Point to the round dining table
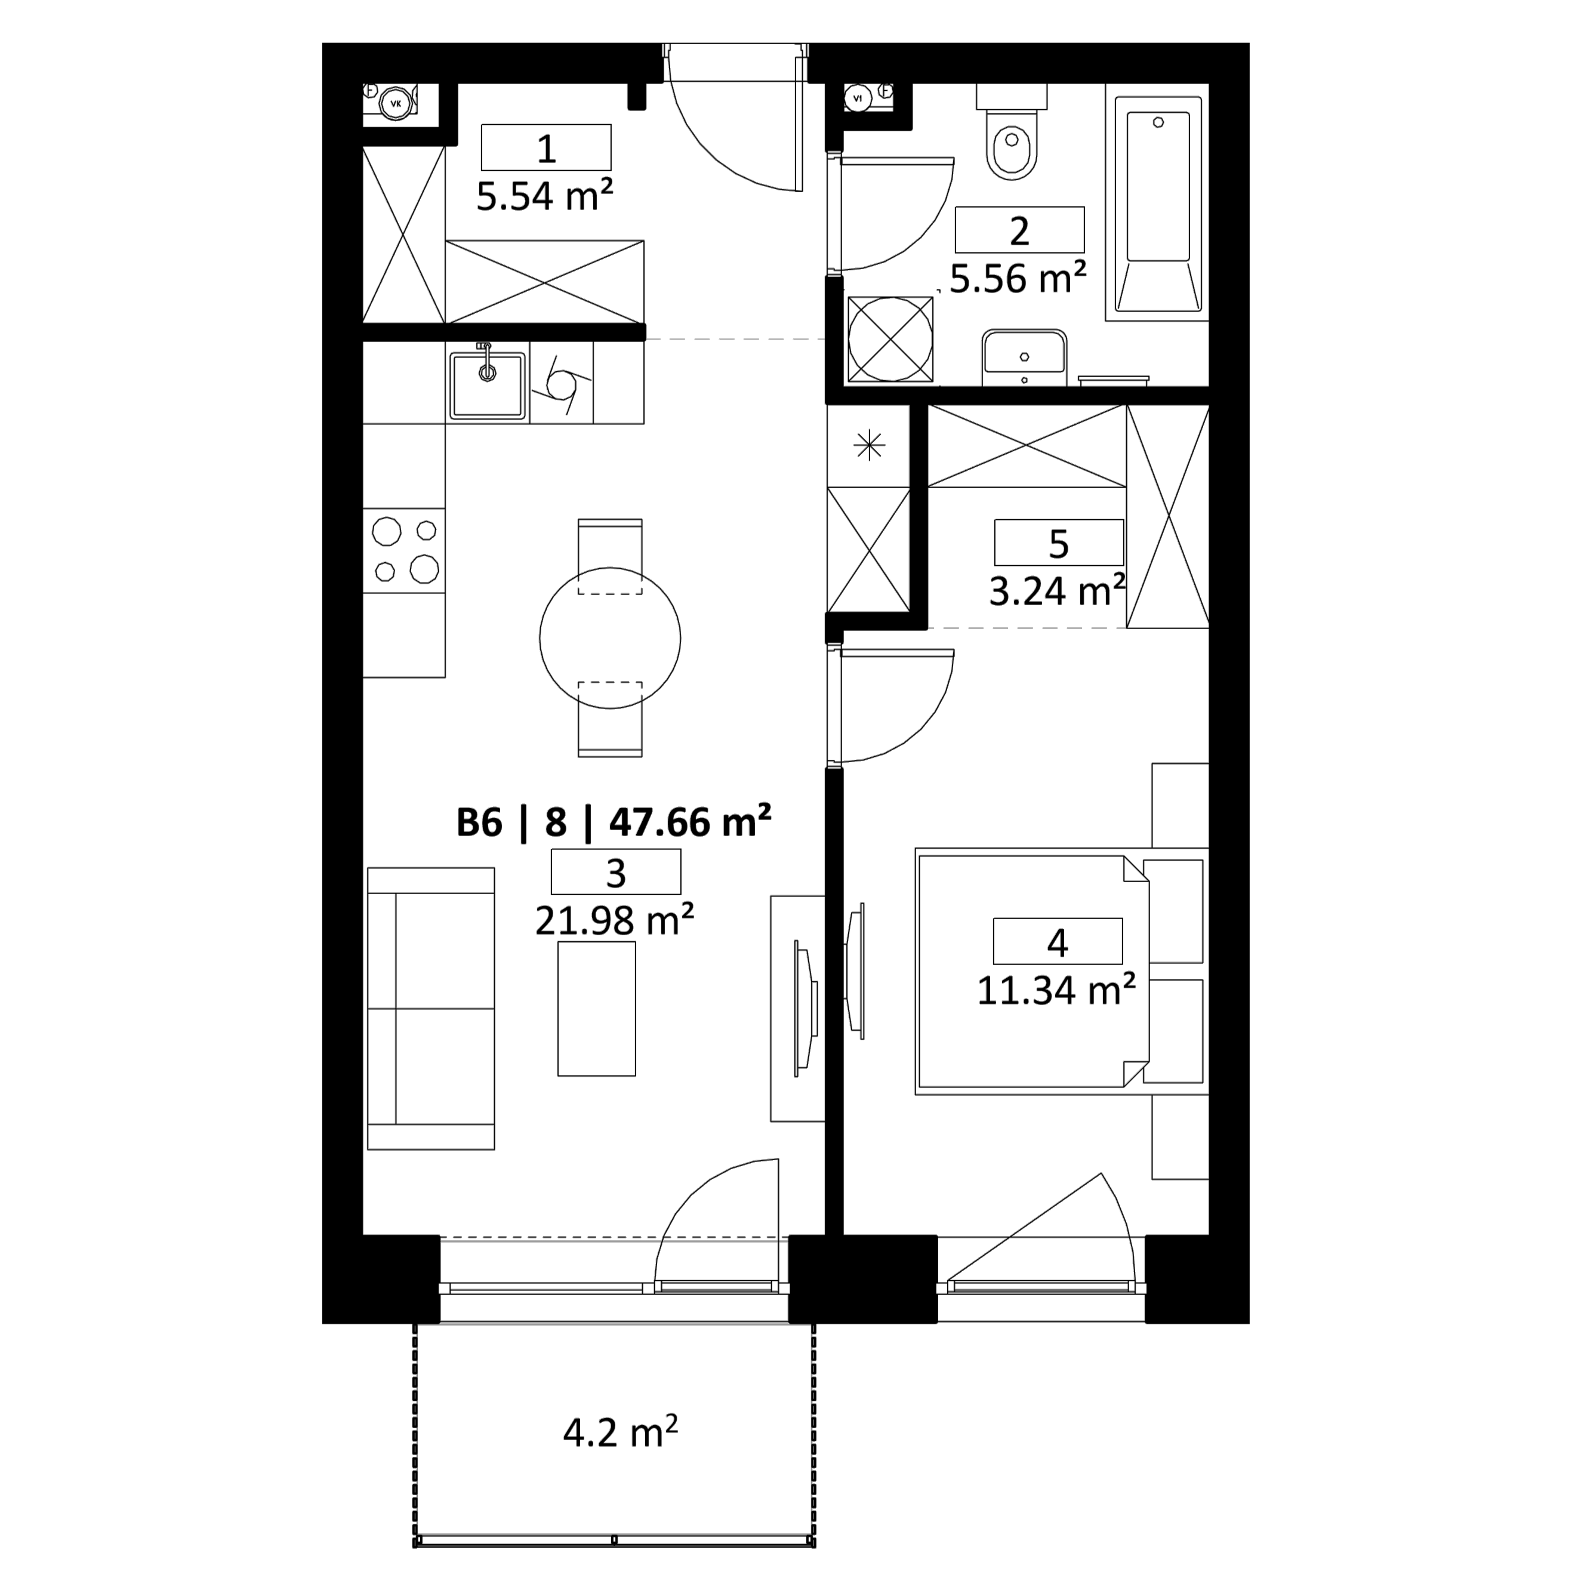(x=609, y=637)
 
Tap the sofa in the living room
(x=432, y=1008)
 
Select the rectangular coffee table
(x=597, y=1008)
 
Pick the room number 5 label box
(x=1059, y=543)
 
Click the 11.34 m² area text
(x=1056, y=991)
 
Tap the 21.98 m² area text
(x=615, y=921)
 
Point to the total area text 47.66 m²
(x=691, y=822)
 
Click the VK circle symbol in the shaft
(x=397, y=104)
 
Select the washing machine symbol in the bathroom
(x=890, y=339)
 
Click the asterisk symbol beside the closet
(x=869, y=446)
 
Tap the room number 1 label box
(x=546, y=148)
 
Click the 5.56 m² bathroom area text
(x=1018, y=278)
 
